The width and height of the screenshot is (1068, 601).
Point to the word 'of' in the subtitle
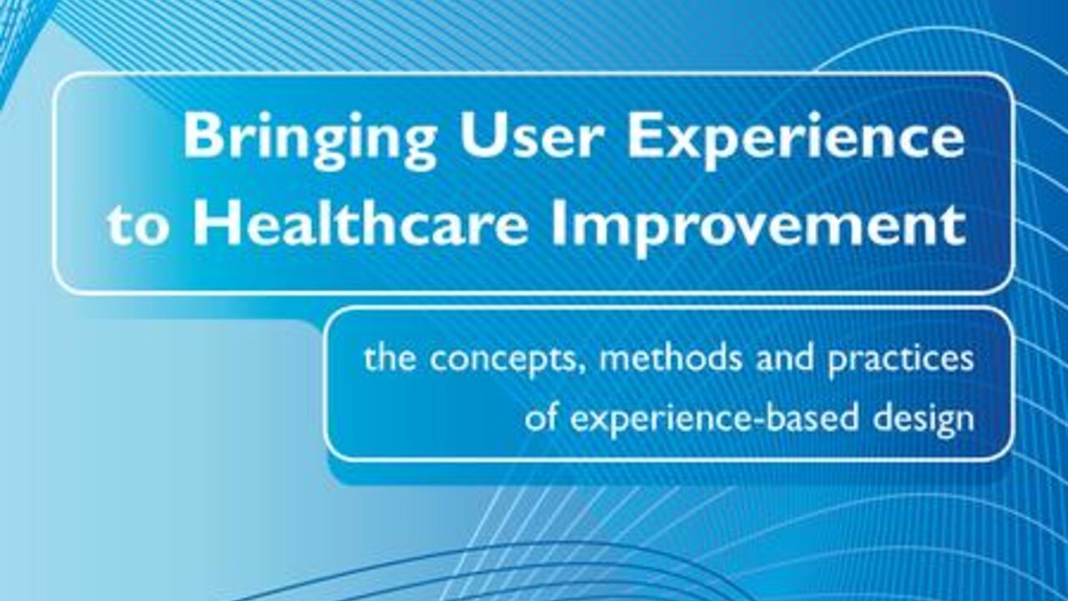[x=541, y=417]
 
